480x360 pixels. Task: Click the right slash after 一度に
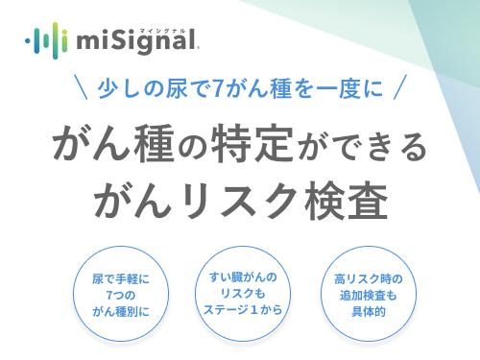(x=400, y=91)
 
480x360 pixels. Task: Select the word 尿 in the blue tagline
(x=170, y=91)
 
